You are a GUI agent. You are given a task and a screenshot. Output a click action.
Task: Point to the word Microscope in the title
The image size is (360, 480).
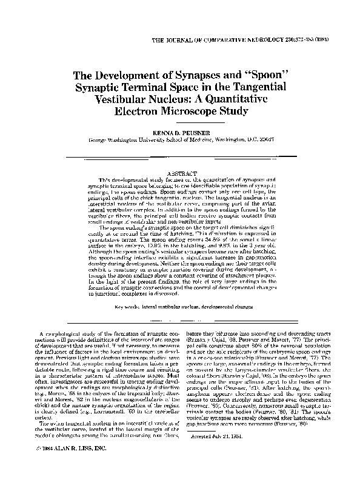[x=199, y=112]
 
